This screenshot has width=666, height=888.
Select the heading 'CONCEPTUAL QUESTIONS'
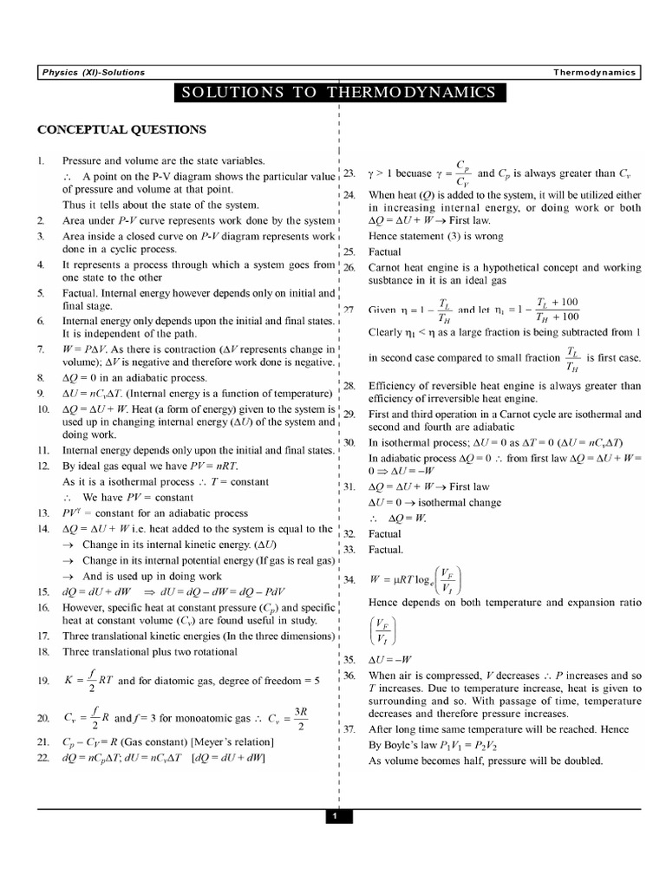click(121, 130)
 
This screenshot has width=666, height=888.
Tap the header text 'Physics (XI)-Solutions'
click(95, 73)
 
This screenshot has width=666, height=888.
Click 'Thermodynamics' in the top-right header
click(594, 73)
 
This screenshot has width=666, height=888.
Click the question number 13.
click(42, 513)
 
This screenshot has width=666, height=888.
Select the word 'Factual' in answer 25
click(385, 251)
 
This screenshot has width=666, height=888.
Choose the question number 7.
click(41, 349)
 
